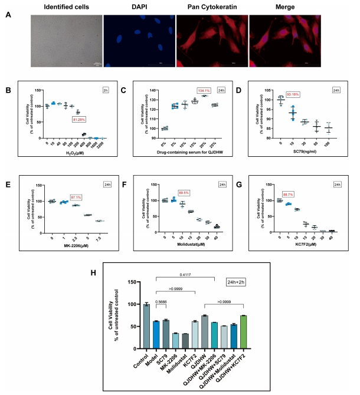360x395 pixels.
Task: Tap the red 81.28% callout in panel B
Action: click(x=78, y=120)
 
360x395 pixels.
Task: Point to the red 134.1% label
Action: click(x=204, y=90)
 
